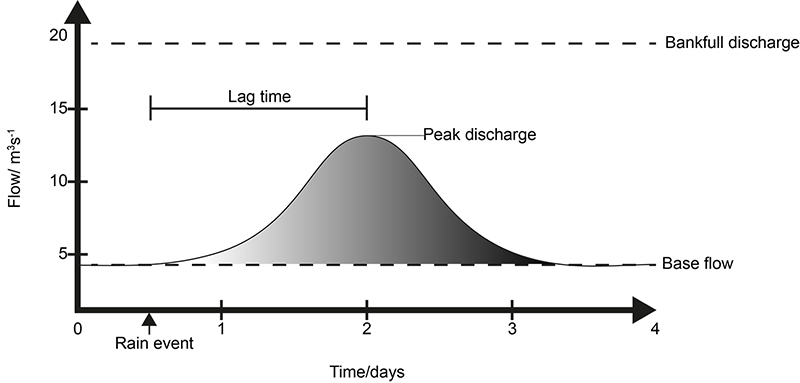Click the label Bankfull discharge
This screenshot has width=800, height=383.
click(x=731, y=43)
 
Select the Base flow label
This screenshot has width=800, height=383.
click(x=697, y=265)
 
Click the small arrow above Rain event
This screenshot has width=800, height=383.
click(x=149, y=321)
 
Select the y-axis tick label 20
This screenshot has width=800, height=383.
click(x=57, y=36)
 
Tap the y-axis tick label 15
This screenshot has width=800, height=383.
click(x=57, y=108)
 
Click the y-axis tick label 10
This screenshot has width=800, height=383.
click(x=57, y=181)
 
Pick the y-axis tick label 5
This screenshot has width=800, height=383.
click(x=61, y=254)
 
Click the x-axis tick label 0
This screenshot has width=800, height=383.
click(x=77, y=329)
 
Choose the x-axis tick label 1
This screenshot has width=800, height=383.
click(x=221, y=329)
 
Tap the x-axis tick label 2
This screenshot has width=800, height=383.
click(x=367, y=329)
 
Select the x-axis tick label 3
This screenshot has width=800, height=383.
click(x=512, y=329)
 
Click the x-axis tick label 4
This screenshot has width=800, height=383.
click(x=656, y=329)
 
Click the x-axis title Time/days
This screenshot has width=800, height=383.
click(x=367, y=371)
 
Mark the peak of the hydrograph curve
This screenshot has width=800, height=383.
click(x=367, y=135)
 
